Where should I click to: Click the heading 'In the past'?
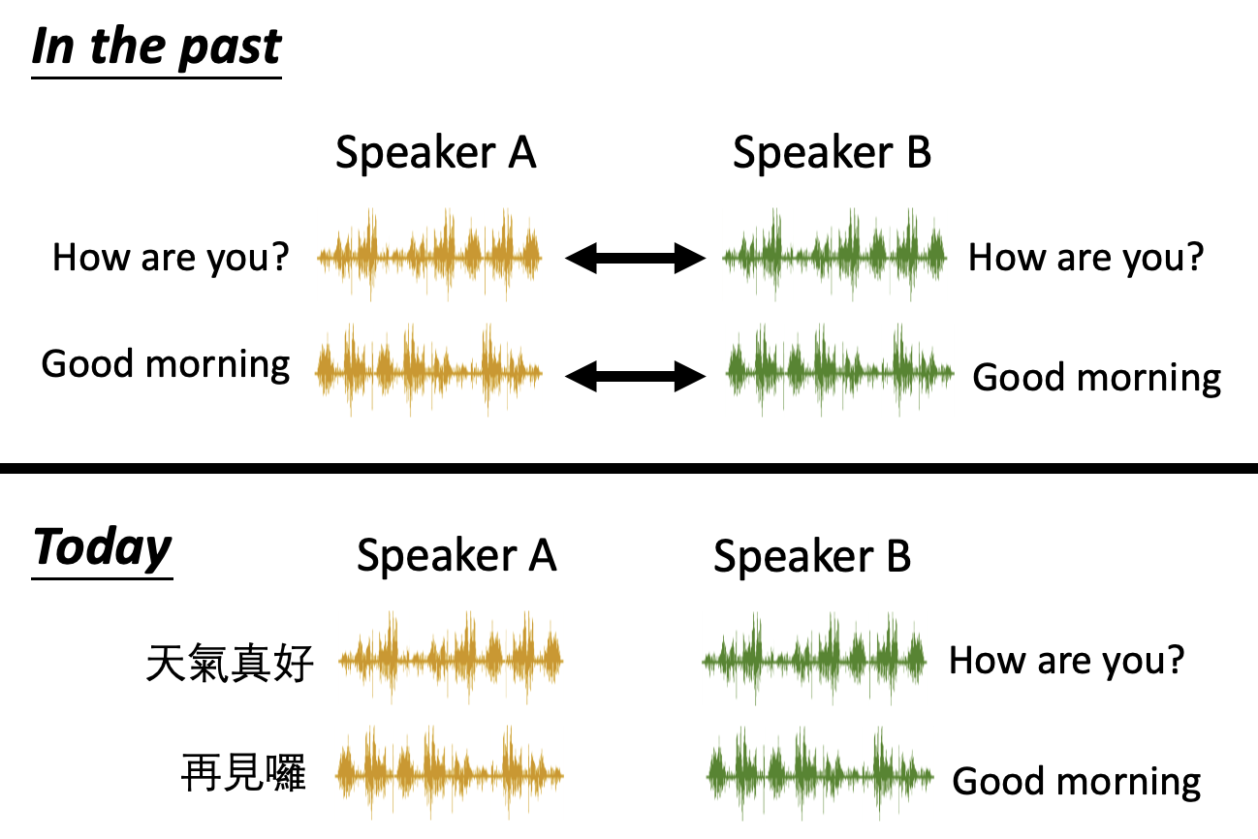click(x=157, y=48)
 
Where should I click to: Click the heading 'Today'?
click(x=102, y=548)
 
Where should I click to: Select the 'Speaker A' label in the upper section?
click(x=436, y=153)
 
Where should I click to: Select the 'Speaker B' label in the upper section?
click(x=832, y=153)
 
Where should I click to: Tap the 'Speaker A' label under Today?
click(x=456, y=556)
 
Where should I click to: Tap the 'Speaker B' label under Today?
click(x=812, y=556)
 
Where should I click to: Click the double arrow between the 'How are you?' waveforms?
click(x=635, y=259)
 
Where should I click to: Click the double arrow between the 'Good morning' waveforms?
click(x=635, y=376)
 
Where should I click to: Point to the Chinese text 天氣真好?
click(x=230, y=664)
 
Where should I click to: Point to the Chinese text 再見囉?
click(x=243, y=773)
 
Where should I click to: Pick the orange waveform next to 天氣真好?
click(x=451, y=658)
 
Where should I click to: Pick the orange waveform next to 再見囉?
click(x=450, y=773)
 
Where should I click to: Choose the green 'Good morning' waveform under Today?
click(x=820, y=774)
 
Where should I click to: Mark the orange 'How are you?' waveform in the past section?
click(x=429, y=255)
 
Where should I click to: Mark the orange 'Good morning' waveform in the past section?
click(x=428, y=370)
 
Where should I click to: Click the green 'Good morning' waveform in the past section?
click(x=839, y=370)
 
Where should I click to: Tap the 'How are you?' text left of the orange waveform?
click(x=171, y=259)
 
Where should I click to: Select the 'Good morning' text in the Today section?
click(x=1077, y=781)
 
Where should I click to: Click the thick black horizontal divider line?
click(x=629, y=468)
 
